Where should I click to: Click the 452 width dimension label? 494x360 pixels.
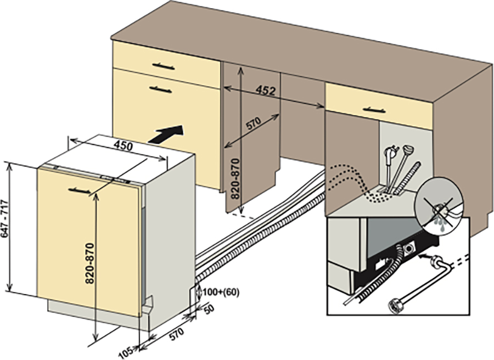(x=265, y=91)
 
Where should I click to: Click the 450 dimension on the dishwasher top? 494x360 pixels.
(x=123, y=146)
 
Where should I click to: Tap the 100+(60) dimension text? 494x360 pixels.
(x=221, y=292)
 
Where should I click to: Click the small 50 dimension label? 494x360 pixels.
(x=209, y=309)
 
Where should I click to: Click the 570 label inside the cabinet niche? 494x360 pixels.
(x=253, y=123)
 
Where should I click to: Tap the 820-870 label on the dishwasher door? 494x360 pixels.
(x=90, y=263)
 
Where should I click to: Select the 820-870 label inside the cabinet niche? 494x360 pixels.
(x=235, y=179)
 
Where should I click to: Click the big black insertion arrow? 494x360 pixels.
(x=166, y=134)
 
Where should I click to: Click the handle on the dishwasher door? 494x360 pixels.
(x=80, y=190)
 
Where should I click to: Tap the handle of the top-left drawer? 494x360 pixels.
(x=163, y=66)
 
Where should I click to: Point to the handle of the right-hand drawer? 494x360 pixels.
(x=374, y=110)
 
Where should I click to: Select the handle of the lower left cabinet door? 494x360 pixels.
(x=161, y=90)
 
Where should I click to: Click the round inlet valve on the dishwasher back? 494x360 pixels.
(x=409, y=248)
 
